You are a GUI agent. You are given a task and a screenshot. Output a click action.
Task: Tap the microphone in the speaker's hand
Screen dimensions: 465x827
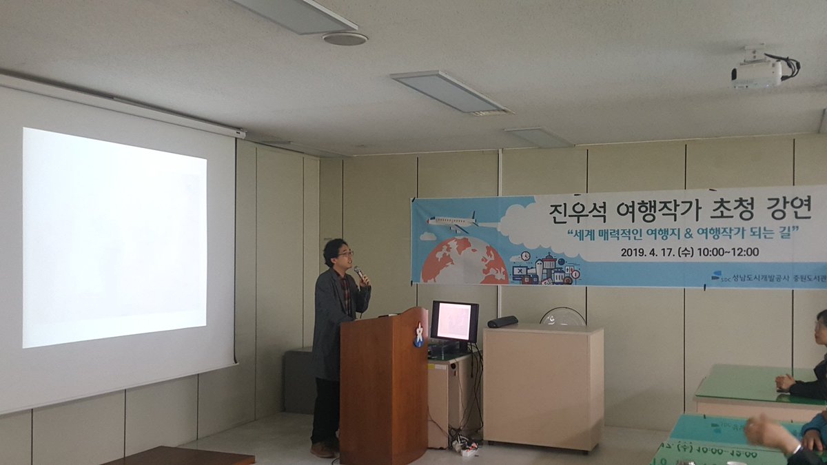[x=359, y=273]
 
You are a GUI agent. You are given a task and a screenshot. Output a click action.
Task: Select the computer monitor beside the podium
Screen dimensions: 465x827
[x=454, y=321]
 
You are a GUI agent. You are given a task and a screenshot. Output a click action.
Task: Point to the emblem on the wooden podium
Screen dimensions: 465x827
[x=418, y=335]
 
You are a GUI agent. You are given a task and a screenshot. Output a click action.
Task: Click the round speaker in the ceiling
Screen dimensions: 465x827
[x=344, y=39]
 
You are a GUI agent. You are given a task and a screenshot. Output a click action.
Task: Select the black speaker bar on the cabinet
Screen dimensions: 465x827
[x=502, y=322]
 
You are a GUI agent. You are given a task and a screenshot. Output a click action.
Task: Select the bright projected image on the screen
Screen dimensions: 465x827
[x=114, y=236]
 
